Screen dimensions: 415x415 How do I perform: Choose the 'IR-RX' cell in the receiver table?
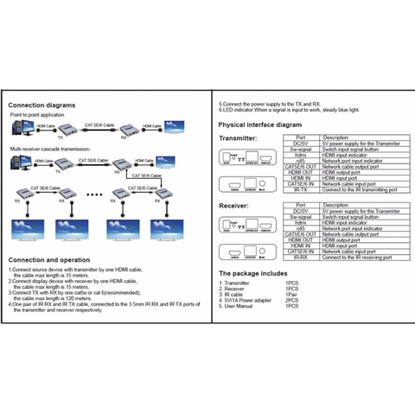click(x=300, y=257)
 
